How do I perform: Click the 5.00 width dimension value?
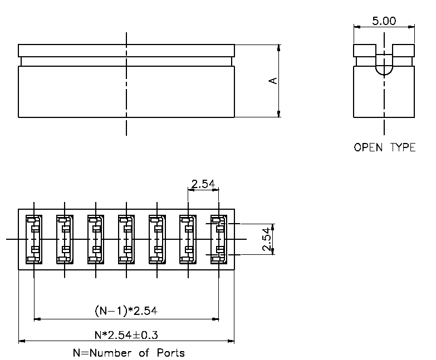pos(384,21)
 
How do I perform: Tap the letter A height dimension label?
pos(273,81)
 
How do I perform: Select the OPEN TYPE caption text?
pos(385,147)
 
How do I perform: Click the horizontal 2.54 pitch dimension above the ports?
pos(203,184)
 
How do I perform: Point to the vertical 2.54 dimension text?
pos(266,239)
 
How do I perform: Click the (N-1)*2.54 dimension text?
pos(126,310)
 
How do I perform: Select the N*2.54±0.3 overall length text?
pos(126,335)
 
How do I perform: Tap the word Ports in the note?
pos(171,353)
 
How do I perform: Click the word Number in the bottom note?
pos(110,353)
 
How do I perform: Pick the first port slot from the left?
pos(34,239)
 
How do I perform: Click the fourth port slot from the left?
pos(126,239)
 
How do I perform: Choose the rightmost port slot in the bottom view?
pos(219,239)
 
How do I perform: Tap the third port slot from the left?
pos(96,239)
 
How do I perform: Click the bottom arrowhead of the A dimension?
pos(279,114)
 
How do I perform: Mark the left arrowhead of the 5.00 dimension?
pos(357,27)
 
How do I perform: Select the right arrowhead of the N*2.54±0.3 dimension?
pos(231,341)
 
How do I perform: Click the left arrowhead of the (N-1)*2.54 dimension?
pos(37,319)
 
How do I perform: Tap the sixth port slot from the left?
pos(188,239)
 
